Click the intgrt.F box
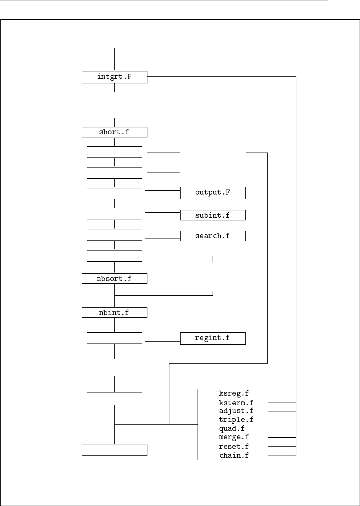click(x=115, y=77)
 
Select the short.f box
click(x=115, y=132)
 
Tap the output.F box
click(x=213, y=193)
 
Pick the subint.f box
click(x=213, y=215)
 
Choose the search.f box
click(x=213, y=236)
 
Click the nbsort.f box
click(x=115, y=278)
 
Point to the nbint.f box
click(x=115, y=312)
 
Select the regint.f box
click(x=213, y=338)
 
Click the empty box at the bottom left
click(x=115, y=450)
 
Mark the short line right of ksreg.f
click(x=282, y=394)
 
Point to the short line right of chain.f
click(x=282, y=455)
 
